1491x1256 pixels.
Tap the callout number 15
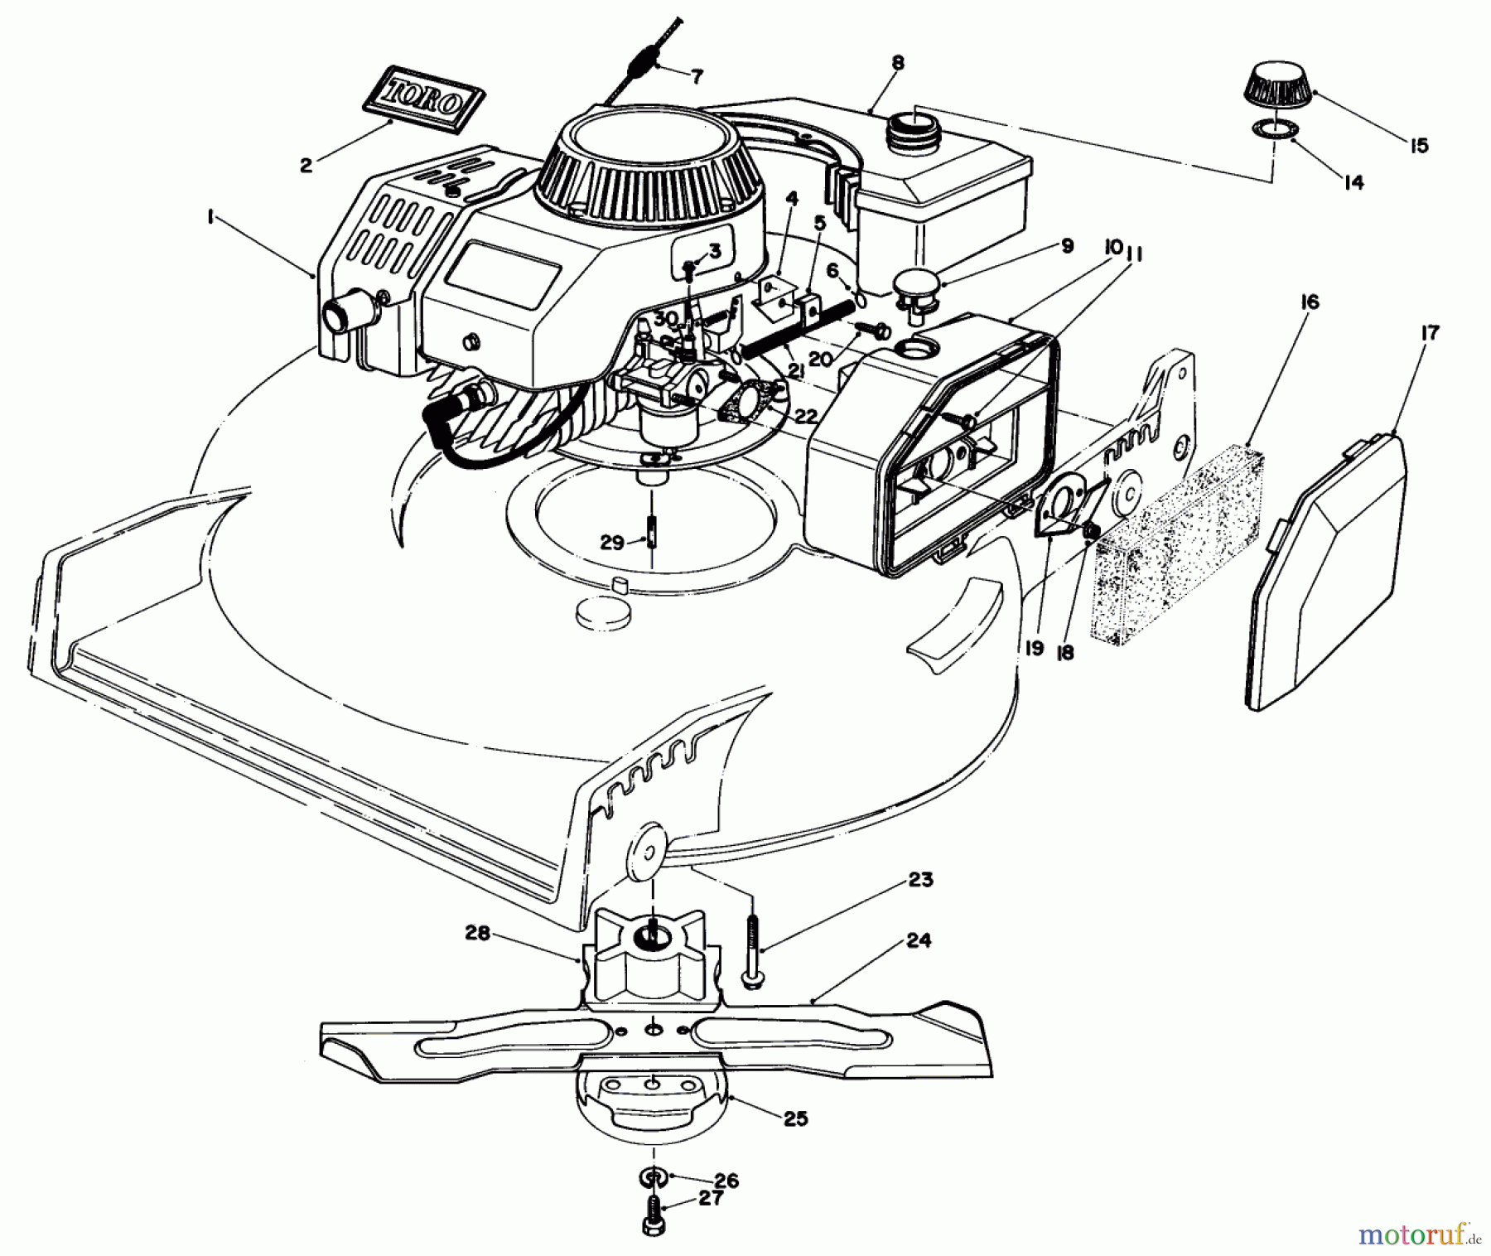coord(1418,146)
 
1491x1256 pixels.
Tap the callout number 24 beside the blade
coord(919,940)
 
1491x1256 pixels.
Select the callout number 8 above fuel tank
coord(898,63)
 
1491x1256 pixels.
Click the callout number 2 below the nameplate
coord(306,165)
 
